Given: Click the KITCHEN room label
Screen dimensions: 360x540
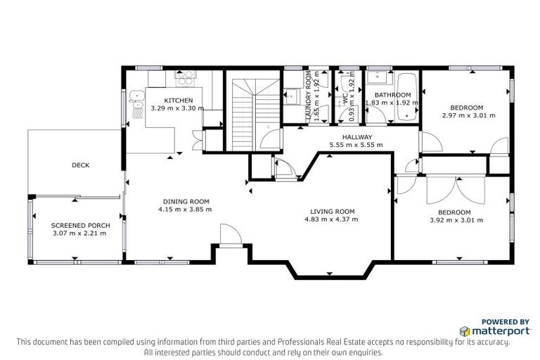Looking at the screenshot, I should pos(178,101).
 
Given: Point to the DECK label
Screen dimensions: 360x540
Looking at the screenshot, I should pos(80,165).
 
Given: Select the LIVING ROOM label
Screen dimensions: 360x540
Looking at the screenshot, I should pos(332,211).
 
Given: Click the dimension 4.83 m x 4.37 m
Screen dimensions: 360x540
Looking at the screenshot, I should pos(332,219).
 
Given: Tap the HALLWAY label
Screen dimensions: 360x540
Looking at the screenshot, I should pos(356,137).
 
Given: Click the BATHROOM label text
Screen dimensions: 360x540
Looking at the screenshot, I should pos(392,95).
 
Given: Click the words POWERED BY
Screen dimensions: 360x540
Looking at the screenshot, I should pos(506,320).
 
